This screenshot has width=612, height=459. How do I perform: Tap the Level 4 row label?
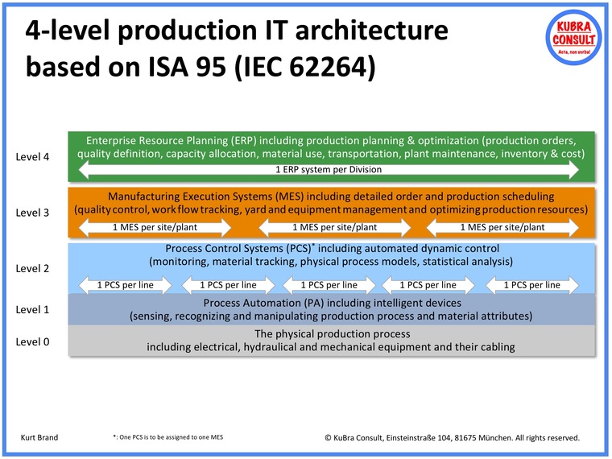tap(33, 157)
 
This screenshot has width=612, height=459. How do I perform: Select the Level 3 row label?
tap(33, 213)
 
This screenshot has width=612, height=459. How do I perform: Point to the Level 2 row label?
tap(33, 269)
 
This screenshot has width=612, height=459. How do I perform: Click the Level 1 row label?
tap(33, 309)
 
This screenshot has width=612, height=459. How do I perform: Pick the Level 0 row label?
tap(33, 342)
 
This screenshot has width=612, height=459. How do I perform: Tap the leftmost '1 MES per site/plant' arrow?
tap(142, 227)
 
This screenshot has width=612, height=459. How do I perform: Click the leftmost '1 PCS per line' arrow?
tap(126, 284)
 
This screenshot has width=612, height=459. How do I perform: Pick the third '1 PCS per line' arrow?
tap(329, 284)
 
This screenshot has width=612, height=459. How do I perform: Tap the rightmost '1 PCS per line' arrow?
tap(531, 284)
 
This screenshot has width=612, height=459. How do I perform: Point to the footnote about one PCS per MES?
tap(167, 437)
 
